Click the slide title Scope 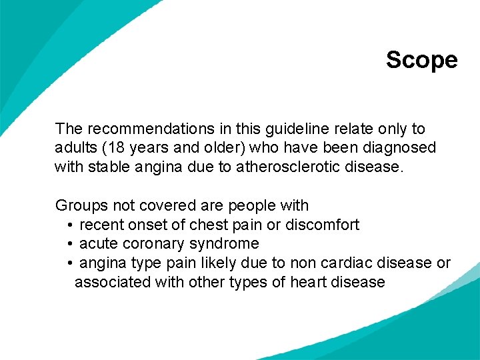[421, 60]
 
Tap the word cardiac [340, 263]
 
